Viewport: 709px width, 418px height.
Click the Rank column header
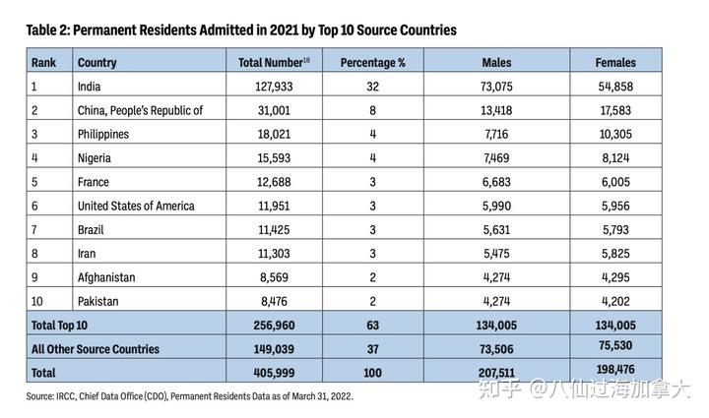[x=44, y=62]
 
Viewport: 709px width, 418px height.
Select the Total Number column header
[x=274, y=62]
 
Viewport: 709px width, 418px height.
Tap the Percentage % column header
[x=372, y=62]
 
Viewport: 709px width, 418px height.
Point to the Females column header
[x=615, y=62]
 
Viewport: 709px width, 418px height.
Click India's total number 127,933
[x=274, y=87]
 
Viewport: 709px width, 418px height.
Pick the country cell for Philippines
[x=103, y=134]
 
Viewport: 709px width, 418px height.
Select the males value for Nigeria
[x=496, y=158]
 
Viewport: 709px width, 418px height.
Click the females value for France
[x=615, y=182]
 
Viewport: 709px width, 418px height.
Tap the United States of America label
[x=136, y=206]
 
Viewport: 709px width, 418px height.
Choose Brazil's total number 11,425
[x=274, y=230]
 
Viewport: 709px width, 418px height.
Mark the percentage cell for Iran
[x=372, y=253]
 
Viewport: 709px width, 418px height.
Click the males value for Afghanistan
[x=496, y=277]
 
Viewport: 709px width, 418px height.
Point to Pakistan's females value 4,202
[x=615, y=301]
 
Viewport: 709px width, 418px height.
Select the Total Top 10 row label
[x=59, y=325]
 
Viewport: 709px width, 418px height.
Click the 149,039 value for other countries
[x=274, y=349]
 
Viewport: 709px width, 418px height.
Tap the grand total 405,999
[x=274, y=373]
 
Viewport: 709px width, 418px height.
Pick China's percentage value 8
[x=372, y=110]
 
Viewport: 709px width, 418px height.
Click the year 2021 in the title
[x=284, y=30]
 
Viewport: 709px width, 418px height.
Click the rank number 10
[x=37, y=301]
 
